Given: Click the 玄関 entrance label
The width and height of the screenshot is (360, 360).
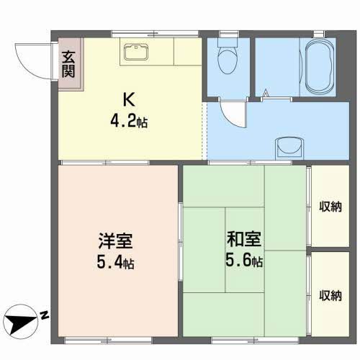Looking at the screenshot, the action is click(x=68, y=64).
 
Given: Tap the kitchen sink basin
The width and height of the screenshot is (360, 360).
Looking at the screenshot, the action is click(x=136, y=52).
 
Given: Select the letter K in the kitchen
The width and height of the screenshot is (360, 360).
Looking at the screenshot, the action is click(x=129, y=99).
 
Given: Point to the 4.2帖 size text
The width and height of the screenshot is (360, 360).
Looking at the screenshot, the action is click(x=129, y=121).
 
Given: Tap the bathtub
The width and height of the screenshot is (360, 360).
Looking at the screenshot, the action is click(x=320, y=67).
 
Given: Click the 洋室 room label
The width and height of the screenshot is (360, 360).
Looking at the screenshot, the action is click(x=115, y=240).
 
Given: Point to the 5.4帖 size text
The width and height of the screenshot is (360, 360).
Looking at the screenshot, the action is click(x=115, y=262).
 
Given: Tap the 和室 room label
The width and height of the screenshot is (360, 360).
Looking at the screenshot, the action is click(x=244, y=239).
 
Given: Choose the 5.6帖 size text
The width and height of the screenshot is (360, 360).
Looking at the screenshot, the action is click(x=244, y=260).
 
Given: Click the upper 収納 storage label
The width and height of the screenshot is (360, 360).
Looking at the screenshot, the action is click(x=330, y=207).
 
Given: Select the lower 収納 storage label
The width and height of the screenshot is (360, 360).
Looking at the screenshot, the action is click(x=330, y=295).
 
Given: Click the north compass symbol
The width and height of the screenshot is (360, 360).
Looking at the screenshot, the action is click(x=22, y=322).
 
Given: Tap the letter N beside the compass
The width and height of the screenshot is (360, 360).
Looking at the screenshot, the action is click(x=44, y=315).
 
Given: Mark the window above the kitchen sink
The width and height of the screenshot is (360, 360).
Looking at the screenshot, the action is click(x=156, y=34).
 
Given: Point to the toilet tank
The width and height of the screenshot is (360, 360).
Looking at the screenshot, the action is click(x=228, y=42).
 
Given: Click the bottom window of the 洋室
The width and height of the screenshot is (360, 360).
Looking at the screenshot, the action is click(x=108, y=341).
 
